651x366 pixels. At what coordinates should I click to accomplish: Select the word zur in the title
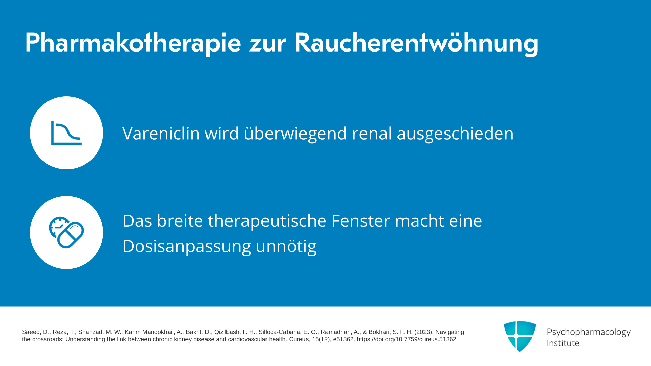(x=268, y=46)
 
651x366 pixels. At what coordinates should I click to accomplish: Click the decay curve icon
(x=66, y=133)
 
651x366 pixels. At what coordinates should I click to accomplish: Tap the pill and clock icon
(x=66, y=232)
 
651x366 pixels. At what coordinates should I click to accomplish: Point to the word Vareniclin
(x=161, y=133)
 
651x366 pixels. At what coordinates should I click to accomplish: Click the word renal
(x=372, y=133)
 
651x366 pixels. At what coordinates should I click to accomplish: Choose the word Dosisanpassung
(x=187, y=246)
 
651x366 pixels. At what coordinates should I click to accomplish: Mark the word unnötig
(x=286, y=246)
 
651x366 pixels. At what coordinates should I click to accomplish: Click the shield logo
(x=520, y=336)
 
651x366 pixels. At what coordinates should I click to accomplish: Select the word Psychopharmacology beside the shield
(x=589, y=332)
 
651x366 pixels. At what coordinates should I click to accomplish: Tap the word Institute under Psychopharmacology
(x=563, y=343)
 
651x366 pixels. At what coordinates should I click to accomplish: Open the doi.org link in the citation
(x=407, y=339)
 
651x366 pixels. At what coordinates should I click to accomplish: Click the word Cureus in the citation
(x=299, y=339)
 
